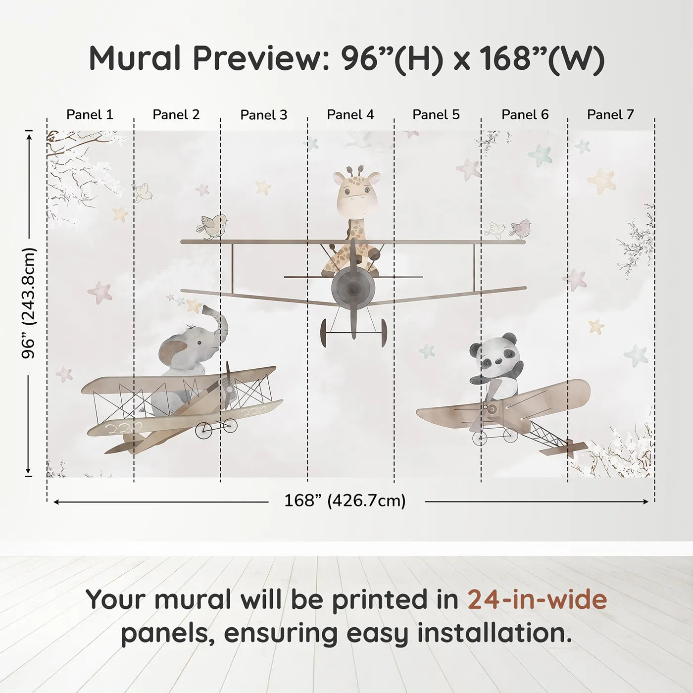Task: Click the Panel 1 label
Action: point(90,115)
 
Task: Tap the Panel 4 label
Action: point(350,115)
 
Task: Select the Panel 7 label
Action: point(610,115)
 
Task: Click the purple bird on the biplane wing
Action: point(521,229)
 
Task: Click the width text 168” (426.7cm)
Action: point(345,501)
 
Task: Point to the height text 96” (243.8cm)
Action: point(29,303)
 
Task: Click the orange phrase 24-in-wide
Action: point(537,599)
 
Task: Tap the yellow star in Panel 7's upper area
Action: point(602,181)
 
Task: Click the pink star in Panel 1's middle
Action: point(100,292)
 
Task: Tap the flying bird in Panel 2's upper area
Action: point(143,192)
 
